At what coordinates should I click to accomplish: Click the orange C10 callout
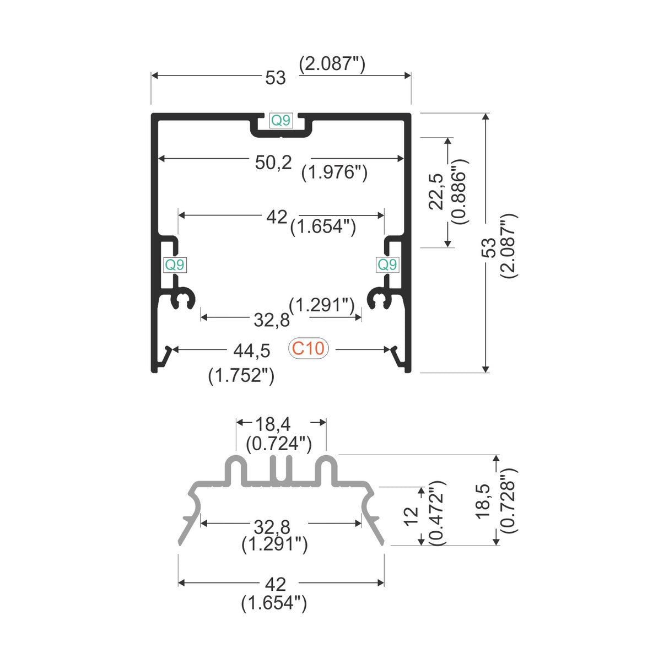[x=308, y=348]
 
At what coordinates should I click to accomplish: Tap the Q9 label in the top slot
[x=280, y=120]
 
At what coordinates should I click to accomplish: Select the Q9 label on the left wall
[x=175, y=265]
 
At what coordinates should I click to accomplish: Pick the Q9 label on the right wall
[x=387, y=265]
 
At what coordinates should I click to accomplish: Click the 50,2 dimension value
[x=273, y=163]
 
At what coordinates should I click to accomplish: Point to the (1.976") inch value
[x=334, y=172]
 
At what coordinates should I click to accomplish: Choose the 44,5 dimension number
[x=252, y=350]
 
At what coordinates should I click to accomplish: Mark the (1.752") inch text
[x=241, y=375]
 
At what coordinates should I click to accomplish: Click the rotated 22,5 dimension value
[x=436, y=191]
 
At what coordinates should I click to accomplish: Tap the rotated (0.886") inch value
[x=459, y=191]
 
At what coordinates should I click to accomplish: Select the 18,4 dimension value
[x=272, y=424]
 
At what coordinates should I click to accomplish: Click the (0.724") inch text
[x=279, y=443]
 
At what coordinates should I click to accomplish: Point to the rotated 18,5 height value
[x=483, y=500]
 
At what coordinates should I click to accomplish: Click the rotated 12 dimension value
[x=411, y=516]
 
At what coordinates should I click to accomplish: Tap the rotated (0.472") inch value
[x=436, y=514]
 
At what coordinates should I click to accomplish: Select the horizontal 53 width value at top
[x=276, y=78]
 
